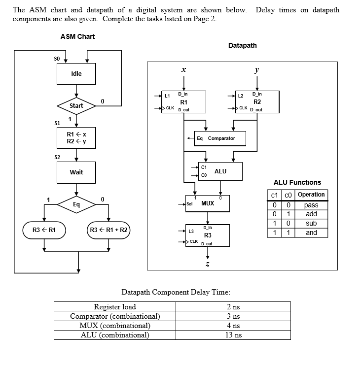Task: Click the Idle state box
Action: (x=76, y=74)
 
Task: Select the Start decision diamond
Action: (x=76, y=106)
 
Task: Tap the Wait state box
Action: (x=76, y=172)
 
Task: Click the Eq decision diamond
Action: (x=76, y=203)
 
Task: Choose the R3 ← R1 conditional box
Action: (x=44, y=230)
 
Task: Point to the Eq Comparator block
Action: (x=217, y=138)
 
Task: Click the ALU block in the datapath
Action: (x=220, y=171)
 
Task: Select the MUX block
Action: (x=207, y=203)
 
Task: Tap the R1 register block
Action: (x=183, y=101)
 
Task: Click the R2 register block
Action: (x=257, y=101)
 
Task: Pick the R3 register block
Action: (x=207, y=235)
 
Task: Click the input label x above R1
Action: (x=183, y=70)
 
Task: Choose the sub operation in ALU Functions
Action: (x=311, y=223)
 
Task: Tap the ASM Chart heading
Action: (x=77, y=36)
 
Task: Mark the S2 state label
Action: (x=57, y=157)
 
